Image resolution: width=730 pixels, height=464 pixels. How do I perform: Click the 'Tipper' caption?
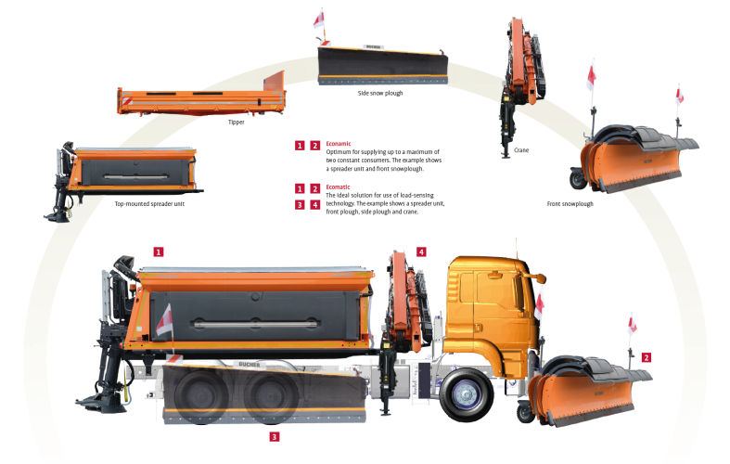tap(236, 122)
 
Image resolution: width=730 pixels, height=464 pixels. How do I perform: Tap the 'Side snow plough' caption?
tap(380, 93)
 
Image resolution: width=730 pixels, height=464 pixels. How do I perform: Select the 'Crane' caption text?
tap(521, 150)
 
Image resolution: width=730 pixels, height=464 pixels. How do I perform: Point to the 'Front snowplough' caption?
tap(570, 203)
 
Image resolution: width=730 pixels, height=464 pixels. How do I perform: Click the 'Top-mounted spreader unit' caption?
tap(149, 203)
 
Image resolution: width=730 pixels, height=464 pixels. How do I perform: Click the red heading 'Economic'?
tap(339, 144)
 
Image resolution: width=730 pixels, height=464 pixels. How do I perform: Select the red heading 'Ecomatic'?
tap(338, 187)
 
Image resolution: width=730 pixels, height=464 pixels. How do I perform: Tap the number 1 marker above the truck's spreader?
tap(159, 252)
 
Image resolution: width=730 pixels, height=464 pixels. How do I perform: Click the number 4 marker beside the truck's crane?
tap(421, 252)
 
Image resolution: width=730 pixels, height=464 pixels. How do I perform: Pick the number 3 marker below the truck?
tap(275, 436)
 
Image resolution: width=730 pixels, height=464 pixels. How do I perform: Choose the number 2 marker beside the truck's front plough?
tap(646, 357)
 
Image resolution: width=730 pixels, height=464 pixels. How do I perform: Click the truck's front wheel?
tap(466, 394)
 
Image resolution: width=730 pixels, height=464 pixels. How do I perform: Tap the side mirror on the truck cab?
tap(540, 278)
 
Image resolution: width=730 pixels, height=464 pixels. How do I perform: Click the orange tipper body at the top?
tap(201, 97)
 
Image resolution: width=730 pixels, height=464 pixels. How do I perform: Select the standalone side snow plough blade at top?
tap(383, 66)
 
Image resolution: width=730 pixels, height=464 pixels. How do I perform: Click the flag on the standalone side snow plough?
tap(319, 19)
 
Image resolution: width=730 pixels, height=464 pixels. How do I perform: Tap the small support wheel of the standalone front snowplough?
tap(578, 179)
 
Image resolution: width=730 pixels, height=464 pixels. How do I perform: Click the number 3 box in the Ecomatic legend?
tap(300, 204)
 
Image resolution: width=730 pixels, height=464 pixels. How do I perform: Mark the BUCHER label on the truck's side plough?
tap(250, 365)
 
